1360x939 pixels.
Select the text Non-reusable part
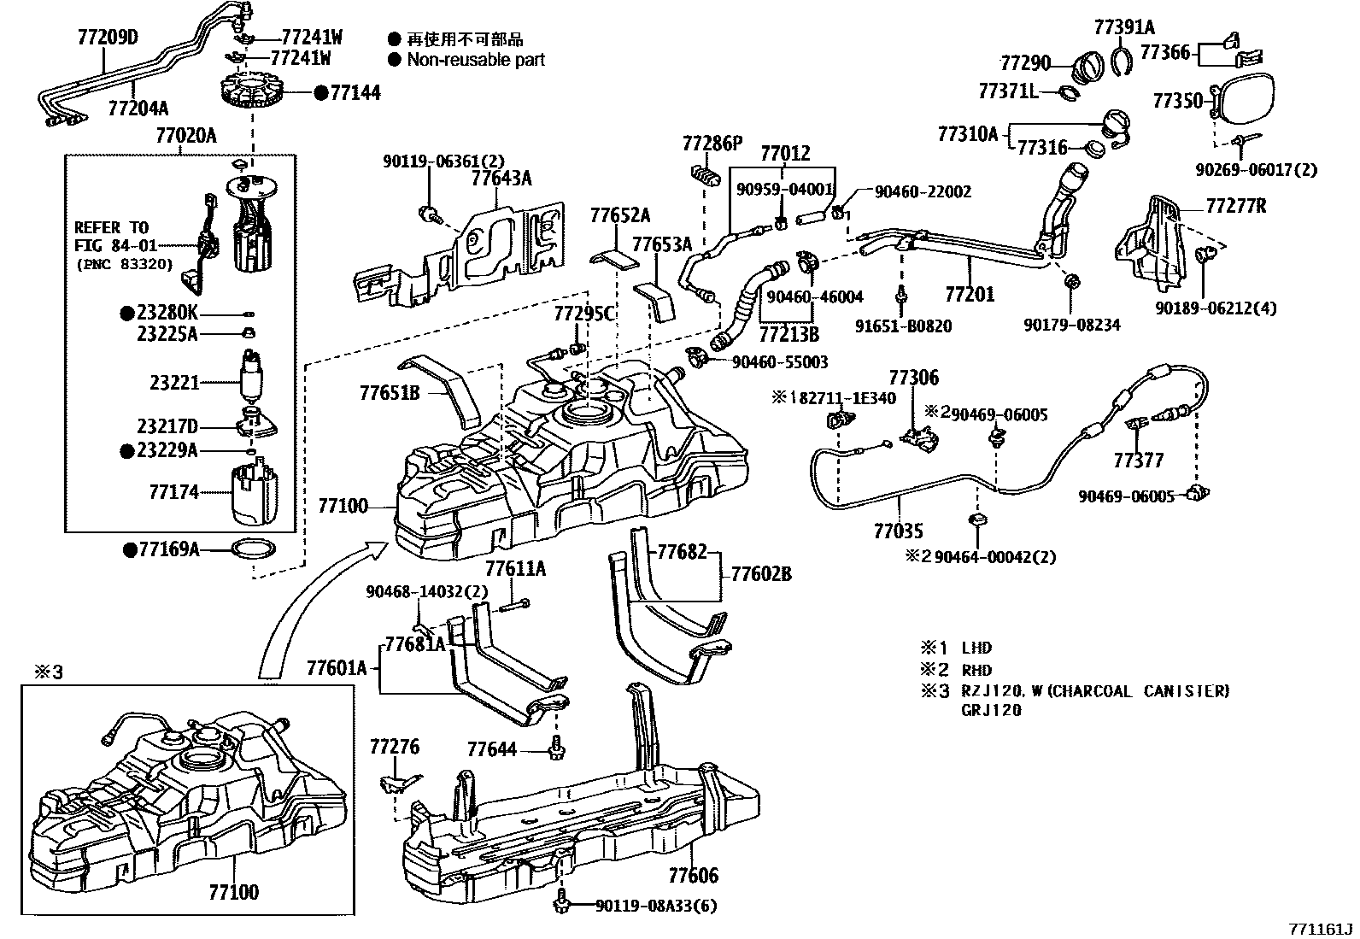point(475,60)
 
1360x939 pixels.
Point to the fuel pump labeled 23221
point(251,377)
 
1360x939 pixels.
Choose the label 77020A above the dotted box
point(185,135)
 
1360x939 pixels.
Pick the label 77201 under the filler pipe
point(970,295)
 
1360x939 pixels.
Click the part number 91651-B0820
point(903,326)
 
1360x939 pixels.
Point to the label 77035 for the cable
point(898,531)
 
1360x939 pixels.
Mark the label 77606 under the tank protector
point(693,875)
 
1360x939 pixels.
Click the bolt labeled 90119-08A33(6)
point(562,901)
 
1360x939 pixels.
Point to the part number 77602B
point(760,573)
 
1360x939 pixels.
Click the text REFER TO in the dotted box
point(111,227)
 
